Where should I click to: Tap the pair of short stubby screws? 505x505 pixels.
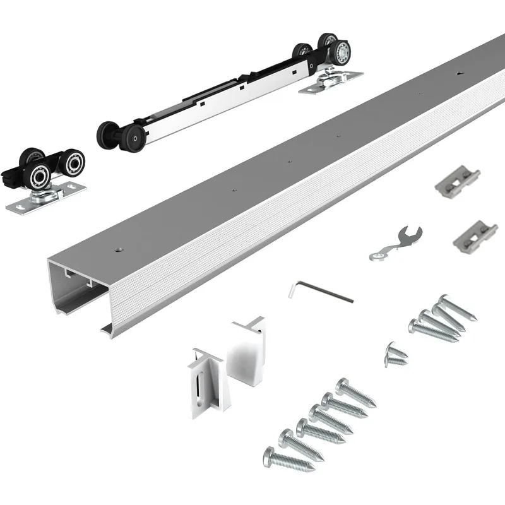click(396, 354)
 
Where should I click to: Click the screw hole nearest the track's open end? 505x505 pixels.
click(118, 250)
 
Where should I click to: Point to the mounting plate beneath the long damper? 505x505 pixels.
click(331, 83)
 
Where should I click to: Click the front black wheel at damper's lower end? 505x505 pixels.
click(133, 137)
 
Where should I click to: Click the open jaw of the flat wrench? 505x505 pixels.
click(415, 234)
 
